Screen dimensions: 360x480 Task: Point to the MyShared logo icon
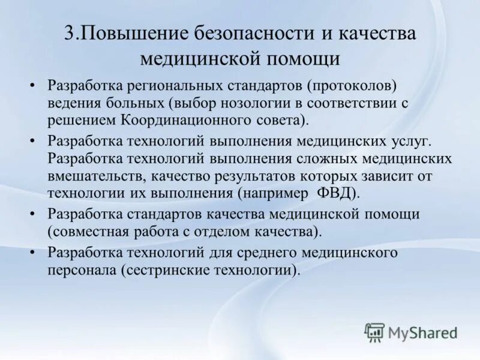(x=374, y=332)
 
